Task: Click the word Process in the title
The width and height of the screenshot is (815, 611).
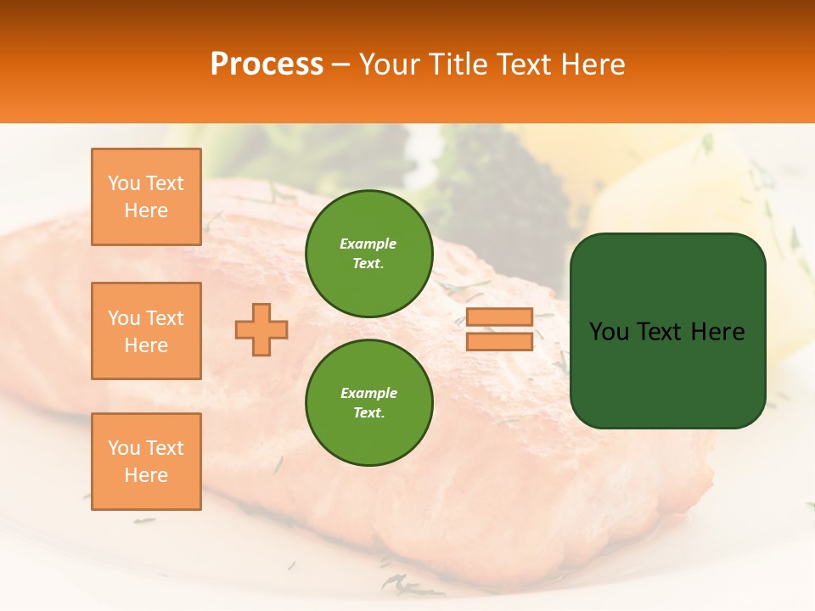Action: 267,64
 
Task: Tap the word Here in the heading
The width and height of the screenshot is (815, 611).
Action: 592,64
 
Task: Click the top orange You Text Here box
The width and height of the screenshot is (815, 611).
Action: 146,197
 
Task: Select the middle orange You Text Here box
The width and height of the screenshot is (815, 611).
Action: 146,331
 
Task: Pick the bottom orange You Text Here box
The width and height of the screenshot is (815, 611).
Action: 146,462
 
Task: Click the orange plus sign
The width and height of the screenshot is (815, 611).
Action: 261,329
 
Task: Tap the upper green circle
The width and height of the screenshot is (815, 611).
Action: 368,254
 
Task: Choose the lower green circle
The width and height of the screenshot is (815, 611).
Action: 368,403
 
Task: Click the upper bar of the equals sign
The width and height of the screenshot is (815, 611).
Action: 499,317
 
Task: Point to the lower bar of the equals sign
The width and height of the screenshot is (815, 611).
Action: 499,342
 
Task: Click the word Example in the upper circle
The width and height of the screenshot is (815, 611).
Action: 368,244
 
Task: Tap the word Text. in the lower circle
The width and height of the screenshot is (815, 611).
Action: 368,413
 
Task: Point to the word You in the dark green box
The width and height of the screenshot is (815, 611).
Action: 609,332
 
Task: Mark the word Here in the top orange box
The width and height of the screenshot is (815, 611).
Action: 146,210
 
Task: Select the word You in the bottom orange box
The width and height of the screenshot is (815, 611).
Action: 124,448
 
